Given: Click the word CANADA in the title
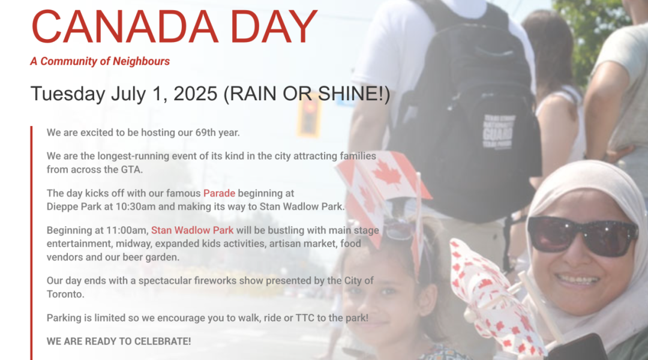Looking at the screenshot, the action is point(124,26).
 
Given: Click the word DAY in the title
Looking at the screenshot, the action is point(274,26).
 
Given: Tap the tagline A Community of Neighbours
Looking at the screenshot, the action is point(100,61).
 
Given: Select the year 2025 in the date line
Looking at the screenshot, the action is point(196,94).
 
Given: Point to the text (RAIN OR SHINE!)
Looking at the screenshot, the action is point(307,94).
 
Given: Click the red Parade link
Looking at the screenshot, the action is point(219,193).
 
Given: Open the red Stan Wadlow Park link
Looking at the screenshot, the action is point(192,230).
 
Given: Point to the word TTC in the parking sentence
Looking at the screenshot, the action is point(305,318).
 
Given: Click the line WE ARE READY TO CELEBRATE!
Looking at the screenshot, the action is point(119,341).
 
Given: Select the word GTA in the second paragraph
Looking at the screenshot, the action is point(131,169).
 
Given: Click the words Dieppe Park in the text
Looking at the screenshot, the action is point(74,206).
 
